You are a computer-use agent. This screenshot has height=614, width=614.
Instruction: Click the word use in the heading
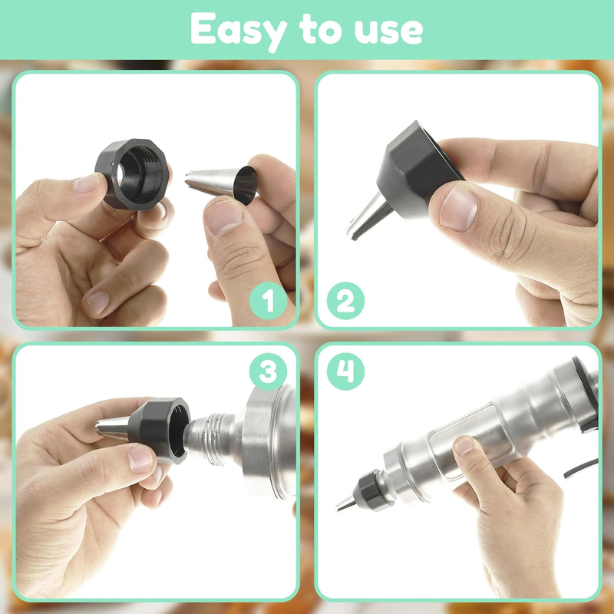[x=388, y=31]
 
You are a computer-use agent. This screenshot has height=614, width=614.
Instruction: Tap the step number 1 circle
[x=268, y=301]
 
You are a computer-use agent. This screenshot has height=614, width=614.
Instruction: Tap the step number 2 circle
[x=345, y=301]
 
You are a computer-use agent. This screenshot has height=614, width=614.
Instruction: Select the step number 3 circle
[x=268, y=371]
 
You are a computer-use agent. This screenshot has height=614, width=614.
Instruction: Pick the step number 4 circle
[x=345, y=371]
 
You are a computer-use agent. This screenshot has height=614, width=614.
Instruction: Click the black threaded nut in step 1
[x=133, y=174]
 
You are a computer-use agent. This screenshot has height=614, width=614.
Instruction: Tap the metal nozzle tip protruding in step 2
[x=370, y=216]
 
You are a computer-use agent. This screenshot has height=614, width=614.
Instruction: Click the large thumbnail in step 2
[x=458, y=208]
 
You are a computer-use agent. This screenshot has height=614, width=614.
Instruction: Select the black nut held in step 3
[x=159, y=430]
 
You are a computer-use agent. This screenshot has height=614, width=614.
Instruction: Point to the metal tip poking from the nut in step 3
[x=112, y=428]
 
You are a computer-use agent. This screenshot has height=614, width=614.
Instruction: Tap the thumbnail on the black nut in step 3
[x=140, y=459]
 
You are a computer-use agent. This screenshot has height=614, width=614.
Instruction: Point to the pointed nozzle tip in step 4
[x=346, y=503]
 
